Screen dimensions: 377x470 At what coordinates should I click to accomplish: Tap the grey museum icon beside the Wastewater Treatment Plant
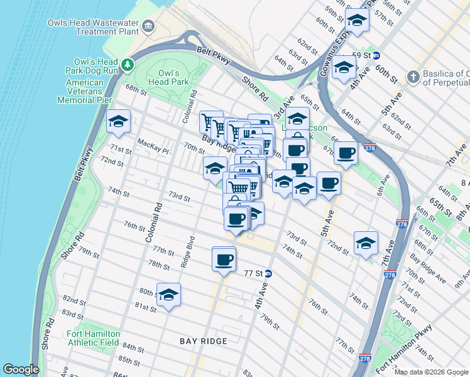[148, 26]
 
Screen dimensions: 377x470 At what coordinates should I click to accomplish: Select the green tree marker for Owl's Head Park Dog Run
[128, 64]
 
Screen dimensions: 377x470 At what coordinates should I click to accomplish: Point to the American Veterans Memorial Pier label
[84, 91]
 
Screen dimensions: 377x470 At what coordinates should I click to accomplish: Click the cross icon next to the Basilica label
[413, 77]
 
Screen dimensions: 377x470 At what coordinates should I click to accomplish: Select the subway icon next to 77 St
[268, 273]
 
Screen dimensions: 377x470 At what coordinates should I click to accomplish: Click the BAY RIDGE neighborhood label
[203, 341]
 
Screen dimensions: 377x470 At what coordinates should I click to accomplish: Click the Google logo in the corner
[21, 369]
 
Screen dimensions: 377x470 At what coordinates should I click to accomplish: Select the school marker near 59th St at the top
[357, 19]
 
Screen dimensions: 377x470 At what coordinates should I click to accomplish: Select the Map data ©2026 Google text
[431, 372]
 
